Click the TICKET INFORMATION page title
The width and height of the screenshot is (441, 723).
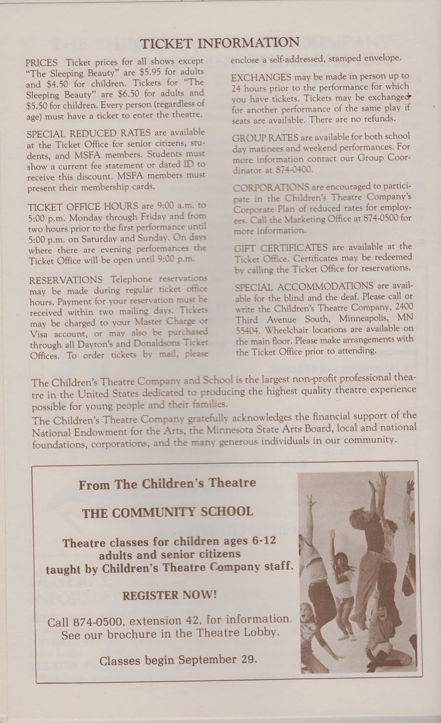[x=220, y=43]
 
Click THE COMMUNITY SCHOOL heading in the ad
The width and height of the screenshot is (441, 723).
[x=167, y=512]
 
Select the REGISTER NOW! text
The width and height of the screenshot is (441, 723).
[x=169, y=595]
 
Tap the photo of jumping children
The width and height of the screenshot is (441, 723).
[x=357, y=573]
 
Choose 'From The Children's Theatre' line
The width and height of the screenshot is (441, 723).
[x=167, y=484]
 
